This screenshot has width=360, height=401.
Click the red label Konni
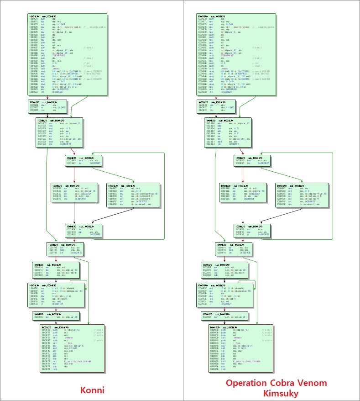tap(92, 390)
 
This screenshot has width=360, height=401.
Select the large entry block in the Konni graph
tap(67, 54)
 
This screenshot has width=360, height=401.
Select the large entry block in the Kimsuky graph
tap(236, 54)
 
